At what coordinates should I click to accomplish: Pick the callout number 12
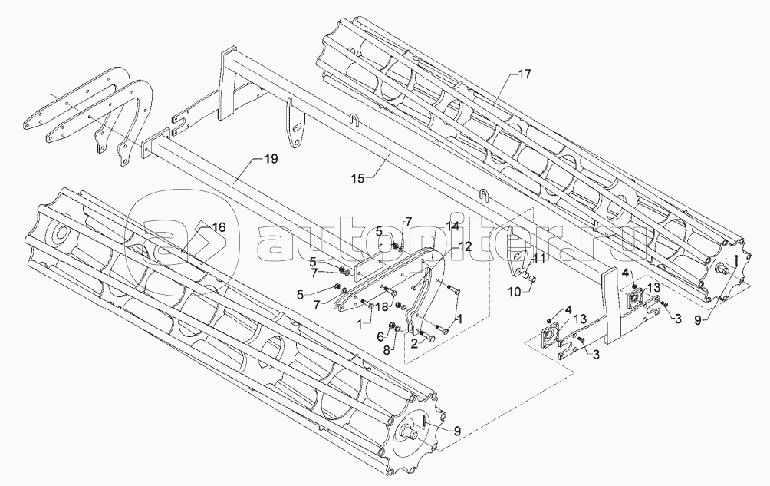click(x=465, y=246)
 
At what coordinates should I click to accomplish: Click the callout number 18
click(x=381, y=306)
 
